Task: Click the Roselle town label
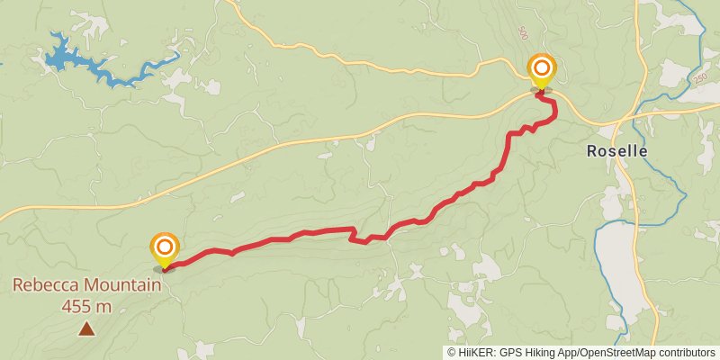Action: point(616,151)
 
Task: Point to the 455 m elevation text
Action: point(86,306)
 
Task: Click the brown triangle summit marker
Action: point(86,329)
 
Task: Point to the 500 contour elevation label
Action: point(523,32)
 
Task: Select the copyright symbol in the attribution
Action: point(452,353)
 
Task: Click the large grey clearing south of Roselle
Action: point(621,270)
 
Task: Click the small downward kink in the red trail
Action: point(365,240)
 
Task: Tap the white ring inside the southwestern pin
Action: point(164,246)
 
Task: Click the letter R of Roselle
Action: point(592,151)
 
